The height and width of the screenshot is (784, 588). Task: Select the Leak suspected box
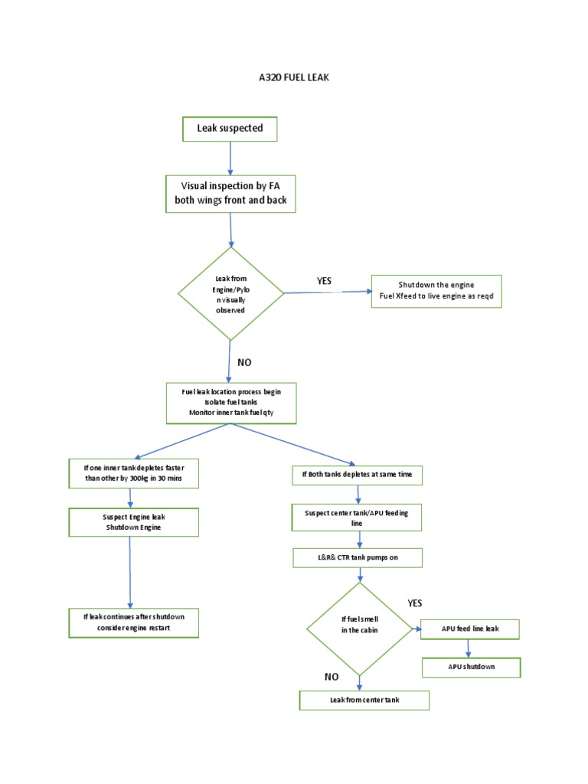click(230, 129)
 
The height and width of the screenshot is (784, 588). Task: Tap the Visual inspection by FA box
click(230, 194)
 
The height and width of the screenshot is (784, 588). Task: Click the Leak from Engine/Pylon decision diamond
click(230, 293)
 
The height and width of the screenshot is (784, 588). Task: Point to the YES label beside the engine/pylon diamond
click(325, 281)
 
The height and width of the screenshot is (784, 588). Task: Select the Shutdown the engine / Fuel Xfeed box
click(436, 292)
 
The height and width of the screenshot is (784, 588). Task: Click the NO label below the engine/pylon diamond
click(244, 362)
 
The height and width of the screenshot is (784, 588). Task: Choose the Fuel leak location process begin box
click(231, 403)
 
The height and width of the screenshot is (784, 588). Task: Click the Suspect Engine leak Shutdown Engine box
click(134, 522)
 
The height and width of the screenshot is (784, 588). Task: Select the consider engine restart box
click(134, 622)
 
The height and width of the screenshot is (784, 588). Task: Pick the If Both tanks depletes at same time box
click(357, 475)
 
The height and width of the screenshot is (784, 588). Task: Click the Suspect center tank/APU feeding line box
click(357, 517)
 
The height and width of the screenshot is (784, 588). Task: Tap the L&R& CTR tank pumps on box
click(358, 557)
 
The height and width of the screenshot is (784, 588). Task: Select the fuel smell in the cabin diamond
click(359, 629)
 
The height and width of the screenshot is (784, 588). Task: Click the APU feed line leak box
click(470, 629)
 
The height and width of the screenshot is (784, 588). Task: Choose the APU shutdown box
click(471, 667)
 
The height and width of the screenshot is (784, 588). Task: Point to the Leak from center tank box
click(364, 700)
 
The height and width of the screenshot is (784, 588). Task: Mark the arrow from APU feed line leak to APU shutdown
click(468, 648)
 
